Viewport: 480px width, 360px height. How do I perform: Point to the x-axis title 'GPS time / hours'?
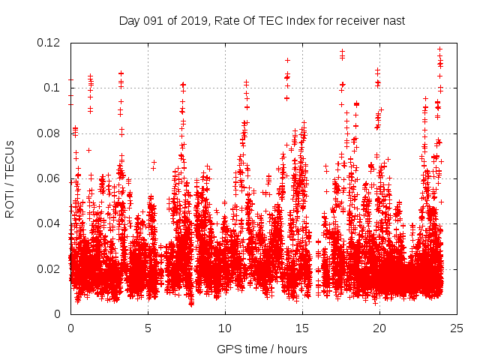coord(262,349)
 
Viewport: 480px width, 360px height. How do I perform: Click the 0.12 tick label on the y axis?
coord(51,43)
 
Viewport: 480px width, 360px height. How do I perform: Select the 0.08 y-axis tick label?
coord(51,133)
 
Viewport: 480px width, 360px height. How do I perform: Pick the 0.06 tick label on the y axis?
coord(51,178)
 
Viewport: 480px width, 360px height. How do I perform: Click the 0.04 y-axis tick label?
coord(51,223)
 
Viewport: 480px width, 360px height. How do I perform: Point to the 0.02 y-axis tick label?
coord(51,268)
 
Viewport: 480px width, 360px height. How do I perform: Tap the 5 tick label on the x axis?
coord(148,328)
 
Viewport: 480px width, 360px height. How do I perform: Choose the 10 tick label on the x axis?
coord(225,328)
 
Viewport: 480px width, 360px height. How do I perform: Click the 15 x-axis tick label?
coord(302,328)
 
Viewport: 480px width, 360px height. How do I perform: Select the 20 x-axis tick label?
coord(379,328)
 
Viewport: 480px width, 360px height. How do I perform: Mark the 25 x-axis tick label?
coord(457,328)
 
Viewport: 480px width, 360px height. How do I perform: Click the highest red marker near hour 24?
coord(439,49)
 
